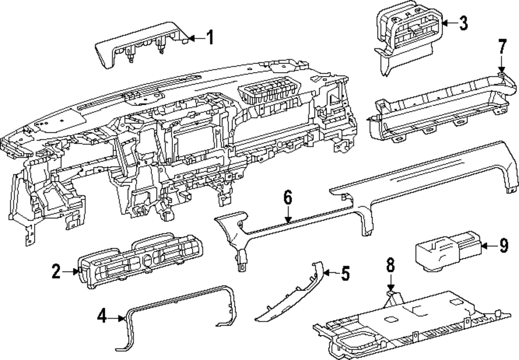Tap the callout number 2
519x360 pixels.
click(x=56, y=270)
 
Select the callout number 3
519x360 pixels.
click(x=463, y=22)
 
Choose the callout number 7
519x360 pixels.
click(x=501, y=47)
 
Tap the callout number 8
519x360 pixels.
click(x=390, y=265)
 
